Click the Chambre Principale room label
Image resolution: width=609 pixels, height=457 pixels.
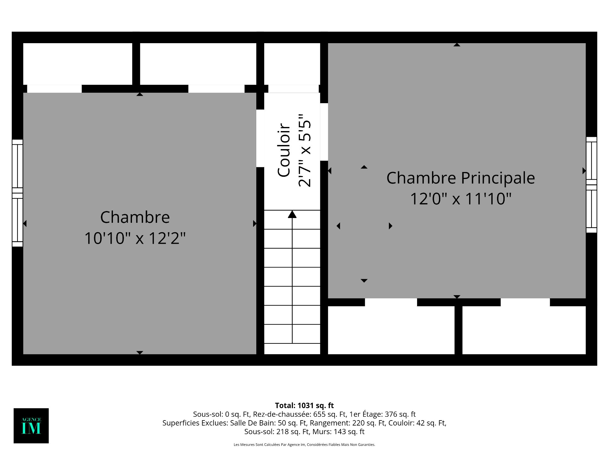pyautogui.click(x=461, y=178)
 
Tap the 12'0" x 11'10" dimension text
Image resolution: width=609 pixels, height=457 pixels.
pyautogui.click(x=461, y=199)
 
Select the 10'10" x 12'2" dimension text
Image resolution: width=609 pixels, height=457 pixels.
pyautogui.click(x=135, y=238)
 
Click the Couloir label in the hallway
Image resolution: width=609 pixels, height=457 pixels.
pyautogui.click(x=284, y=150)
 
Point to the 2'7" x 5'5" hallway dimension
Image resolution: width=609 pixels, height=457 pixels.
pyautogui.click(x=305, y=150)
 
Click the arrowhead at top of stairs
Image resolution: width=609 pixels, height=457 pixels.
pyautogui.click(x=292, y=214)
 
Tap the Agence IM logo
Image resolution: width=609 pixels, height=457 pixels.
pyautogui.click(x=31, y=426)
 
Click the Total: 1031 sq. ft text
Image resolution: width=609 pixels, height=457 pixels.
pyautogui.click(x=304, y=405)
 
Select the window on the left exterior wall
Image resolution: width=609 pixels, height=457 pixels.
pyautogui.click(x=17, y=193)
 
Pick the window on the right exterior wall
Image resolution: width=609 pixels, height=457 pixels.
pyautogui.click(x=592, y=185)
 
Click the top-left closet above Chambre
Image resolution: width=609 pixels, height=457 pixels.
pyautogui.click(x=78, y=64)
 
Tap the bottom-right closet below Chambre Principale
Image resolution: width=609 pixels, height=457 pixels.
pyautogui.click(x=524, y=330)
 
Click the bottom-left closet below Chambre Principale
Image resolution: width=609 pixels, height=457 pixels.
pyautogui.click(x=391, y=330)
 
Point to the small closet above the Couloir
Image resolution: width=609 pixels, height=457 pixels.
pyautogui.click(x=292, y=64)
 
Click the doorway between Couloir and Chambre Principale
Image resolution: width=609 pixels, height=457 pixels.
pyautogui.click(x=324, y=132)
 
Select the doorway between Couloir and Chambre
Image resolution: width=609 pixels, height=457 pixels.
pyautogui.click(x=260, y=138)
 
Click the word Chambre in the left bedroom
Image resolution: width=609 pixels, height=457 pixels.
pyautogui.click(x=135, y=217)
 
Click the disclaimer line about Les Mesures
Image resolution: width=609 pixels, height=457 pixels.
pyautogui.click(x=304, y=445)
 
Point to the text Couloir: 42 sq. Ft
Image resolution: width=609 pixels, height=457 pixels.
pyautogui.click(x=417, y=423)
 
